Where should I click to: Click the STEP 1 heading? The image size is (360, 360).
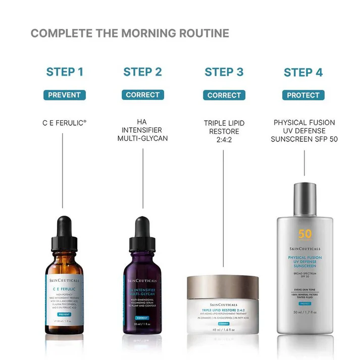pyautogui.click(x=65, y=72)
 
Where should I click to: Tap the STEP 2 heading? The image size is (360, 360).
pyautogui.click(x=142, y=72)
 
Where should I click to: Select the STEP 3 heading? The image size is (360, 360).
pyautogui.click(x=224, y=72)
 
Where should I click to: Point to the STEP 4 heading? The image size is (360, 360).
pyautogui.click(x=303, y=72)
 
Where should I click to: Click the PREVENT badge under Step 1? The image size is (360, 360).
pyautogui.click(x=65, y=95)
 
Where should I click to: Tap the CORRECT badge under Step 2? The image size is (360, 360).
pyautogui.click(x=142, y=95)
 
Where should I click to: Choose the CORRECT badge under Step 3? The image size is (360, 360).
pyautogui.click(x=224, y=95)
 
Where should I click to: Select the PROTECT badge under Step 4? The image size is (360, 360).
pyautogui.click(x=303, y=95)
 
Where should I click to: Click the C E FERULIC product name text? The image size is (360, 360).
pyautogui.click(x=64, y=122)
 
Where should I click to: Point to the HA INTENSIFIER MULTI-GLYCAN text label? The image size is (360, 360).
pyautogui.click(x=142, y=130)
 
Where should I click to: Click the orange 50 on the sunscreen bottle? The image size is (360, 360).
pyautogui.click(x=304, y=234)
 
